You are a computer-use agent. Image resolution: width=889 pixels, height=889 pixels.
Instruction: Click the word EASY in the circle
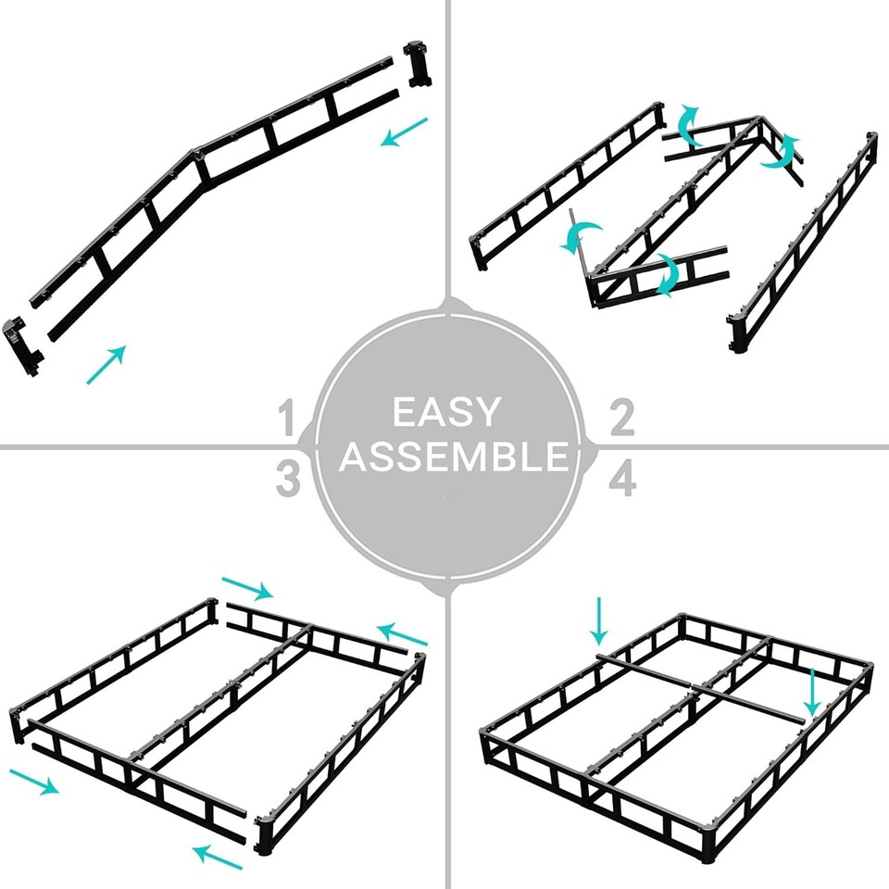click(x=445, y=412)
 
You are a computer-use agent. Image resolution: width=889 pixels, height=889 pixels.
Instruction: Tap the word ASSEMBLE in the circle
click(x=453, y=457)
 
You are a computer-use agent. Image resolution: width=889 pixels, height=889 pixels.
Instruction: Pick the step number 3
click(x=289, y=481)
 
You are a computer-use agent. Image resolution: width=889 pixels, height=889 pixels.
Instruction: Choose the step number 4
click(x=621, y=481)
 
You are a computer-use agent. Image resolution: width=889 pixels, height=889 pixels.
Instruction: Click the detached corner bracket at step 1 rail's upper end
click(x=419, y=64)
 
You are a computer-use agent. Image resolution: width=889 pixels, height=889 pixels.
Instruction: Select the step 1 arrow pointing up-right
click(x=106, y=365)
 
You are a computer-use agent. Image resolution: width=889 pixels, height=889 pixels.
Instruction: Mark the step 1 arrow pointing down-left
click(x=406, y=131)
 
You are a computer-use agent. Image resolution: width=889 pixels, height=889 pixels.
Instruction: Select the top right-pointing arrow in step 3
click(x=247, y=587)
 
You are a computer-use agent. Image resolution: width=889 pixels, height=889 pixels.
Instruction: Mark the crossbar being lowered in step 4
click(x=704, y=688)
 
